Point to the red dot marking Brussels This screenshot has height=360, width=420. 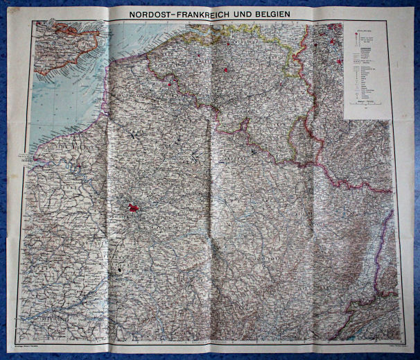coord(225,69)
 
